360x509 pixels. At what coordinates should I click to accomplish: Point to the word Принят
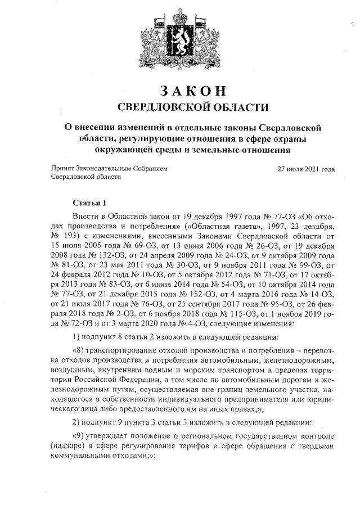62,168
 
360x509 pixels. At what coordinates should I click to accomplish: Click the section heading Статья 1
89,202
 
